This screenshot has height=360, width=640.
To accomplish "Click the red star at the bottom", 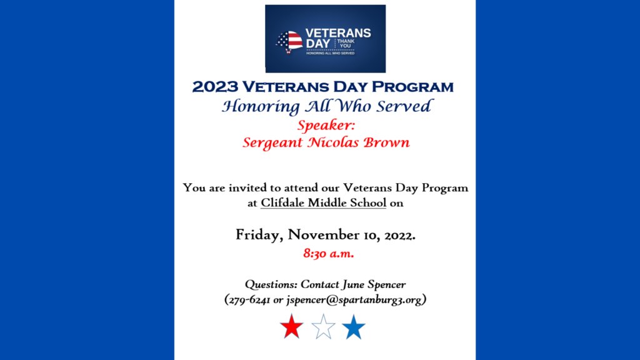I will click(292, 327).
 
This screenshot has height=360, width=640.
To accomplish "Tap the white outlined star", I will click(323, 327).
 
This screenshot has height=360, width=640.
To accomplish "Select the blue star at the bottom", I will click(354, 327).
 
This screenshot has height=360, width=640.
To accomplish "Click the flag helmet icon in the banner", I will click(289, 42).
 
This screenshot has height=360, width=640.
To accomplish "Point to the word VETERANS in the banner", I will click(337, 33).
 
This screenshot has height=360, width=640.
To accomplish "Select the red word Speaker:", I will click(326, 125).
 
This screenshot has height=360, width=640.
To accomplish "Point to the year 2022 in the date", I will click(398, 236).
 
